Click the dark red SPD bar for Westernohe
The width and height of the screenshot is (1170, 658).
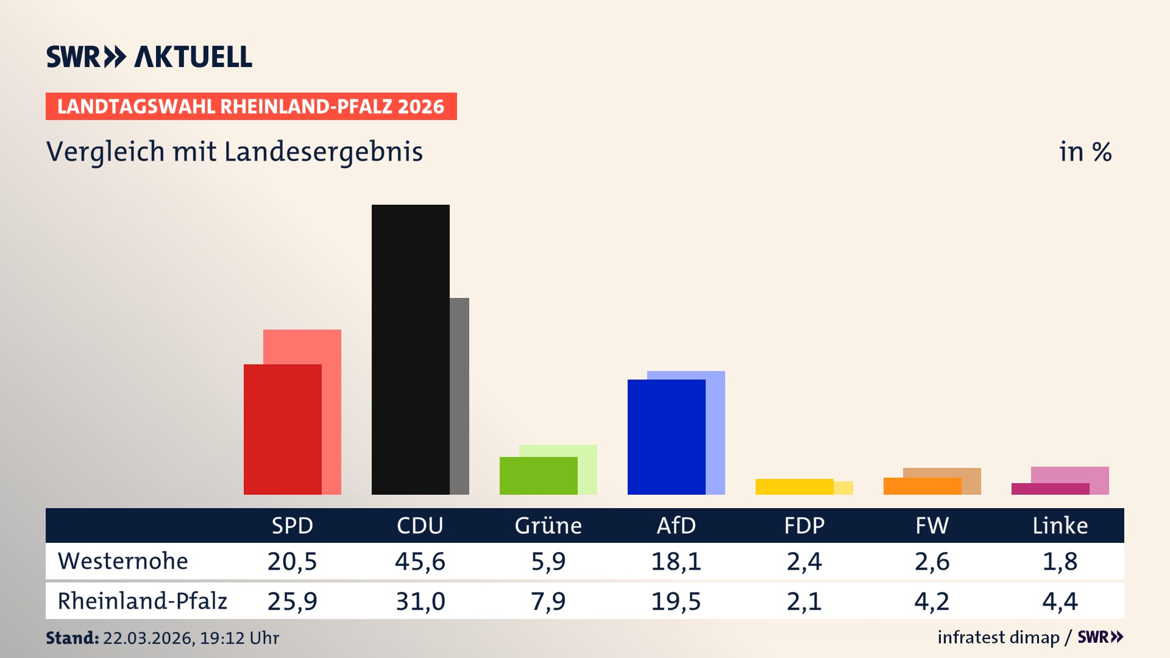[282, 430]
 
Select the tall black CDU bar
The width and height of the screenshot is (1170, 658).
[410, 350]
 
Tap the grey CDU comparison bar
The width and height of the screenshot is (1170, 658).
[459, 396]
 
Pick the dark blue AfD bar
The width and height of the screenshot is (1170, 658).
[666, 437]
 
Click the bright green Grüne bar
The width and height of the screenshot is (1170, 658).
[538, 476]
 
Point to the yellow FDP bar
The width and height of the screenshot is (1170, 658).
[794, 487]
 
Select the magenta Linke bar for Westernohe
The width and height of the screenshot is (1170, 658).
[1050, 489]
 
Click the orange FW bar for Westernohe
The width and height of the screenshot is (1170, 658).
[922, 486]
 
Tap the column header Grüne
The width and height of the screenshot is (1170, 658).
[548, 525]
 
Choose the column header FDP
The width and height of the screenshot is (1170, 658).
[804, 525]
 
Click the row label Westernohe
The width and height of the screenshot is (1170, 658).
[122, 561]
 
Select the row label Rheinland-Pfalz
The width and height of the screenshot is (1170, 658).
[142, 601]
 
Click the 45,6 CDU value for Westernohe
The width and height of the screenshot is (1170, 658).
[420, 561]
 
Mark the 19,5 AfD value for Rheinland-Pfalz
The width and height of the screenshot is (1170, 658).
[676, 601]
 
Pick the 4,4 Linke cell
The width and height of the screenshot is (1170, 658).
[1060, 601]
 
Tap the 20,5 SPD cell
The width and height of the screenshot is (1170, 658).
[292, 561]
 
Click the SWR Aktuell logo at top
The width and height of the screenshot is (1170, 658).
[149, 57]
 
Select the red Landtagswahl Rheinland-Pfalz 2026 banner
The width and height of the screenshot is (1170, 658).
[251, 107]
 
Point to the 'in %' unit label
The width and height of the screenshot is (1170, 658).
[1085, 152]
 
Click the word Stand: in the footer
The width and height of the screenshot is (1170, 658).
[72, 638]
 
